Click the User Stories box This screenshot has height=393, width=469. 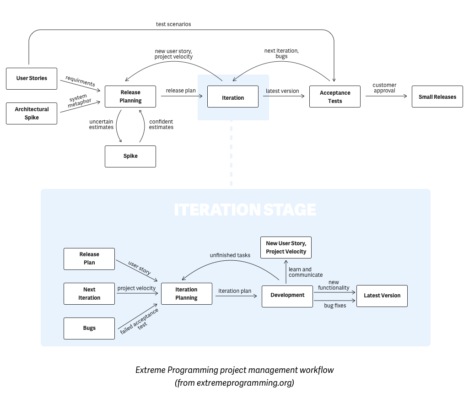coord(32,78)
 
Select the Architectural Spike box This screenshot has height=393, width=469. coord(32,113)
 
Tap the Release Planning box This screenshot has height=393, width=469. coord(130,97)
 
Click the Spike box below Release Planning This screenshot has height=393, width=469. coord(130,156)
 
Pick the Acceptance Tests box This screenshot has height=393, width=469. coord(334,97)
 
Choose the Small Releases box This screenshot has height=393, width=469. coord(437,97)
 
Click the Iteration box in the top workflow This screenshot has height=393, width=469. coord(232,97)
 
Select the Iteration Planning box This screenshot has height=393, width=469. coord(186,294)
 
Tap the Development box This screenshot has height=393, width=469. coord(287,296)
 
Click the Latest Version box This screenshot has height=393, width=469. coord(382,296)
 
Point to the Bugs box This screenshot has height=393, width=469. coord(89,328)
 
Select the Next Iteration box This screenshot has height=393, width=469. coord(89,294)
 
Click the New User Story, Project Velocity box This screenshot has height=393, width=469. coord(286,248)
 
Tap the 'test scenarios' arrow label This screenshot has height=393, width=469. coord(173,24)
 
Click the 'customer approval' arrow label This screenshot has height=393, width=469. coord(384,88)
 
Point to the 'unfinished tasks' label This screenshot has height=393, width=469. coord(230,255)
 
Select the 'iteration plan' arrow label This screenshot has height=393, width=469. coord(235,291)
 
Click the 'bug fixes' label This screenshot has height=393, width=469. coord(335,305)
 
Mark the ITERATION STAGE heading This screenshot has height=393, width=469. coord(245,210)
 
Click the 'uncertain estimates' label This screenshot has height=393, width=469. coord(101,124)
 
